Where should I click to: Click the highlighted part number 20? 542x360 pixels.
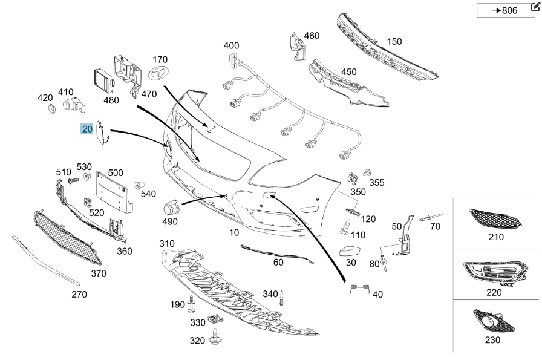87,128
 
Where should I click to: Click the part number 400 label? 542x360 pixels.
231,46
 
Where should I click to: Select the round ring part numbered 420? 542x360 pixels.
53,110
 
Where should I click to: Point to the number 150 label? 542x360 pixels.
394,42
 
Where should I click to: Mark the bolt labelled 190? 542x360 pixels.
192,303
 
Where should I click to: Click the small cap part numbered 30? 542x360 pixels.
350,251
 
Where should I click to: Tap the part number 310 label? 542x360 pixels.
166,243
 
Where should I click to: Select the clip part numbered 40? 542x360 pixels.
359,289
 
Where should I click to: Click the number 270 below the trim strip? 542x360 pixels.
79,295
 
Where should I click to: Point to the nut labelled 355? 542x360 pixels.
367,174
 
